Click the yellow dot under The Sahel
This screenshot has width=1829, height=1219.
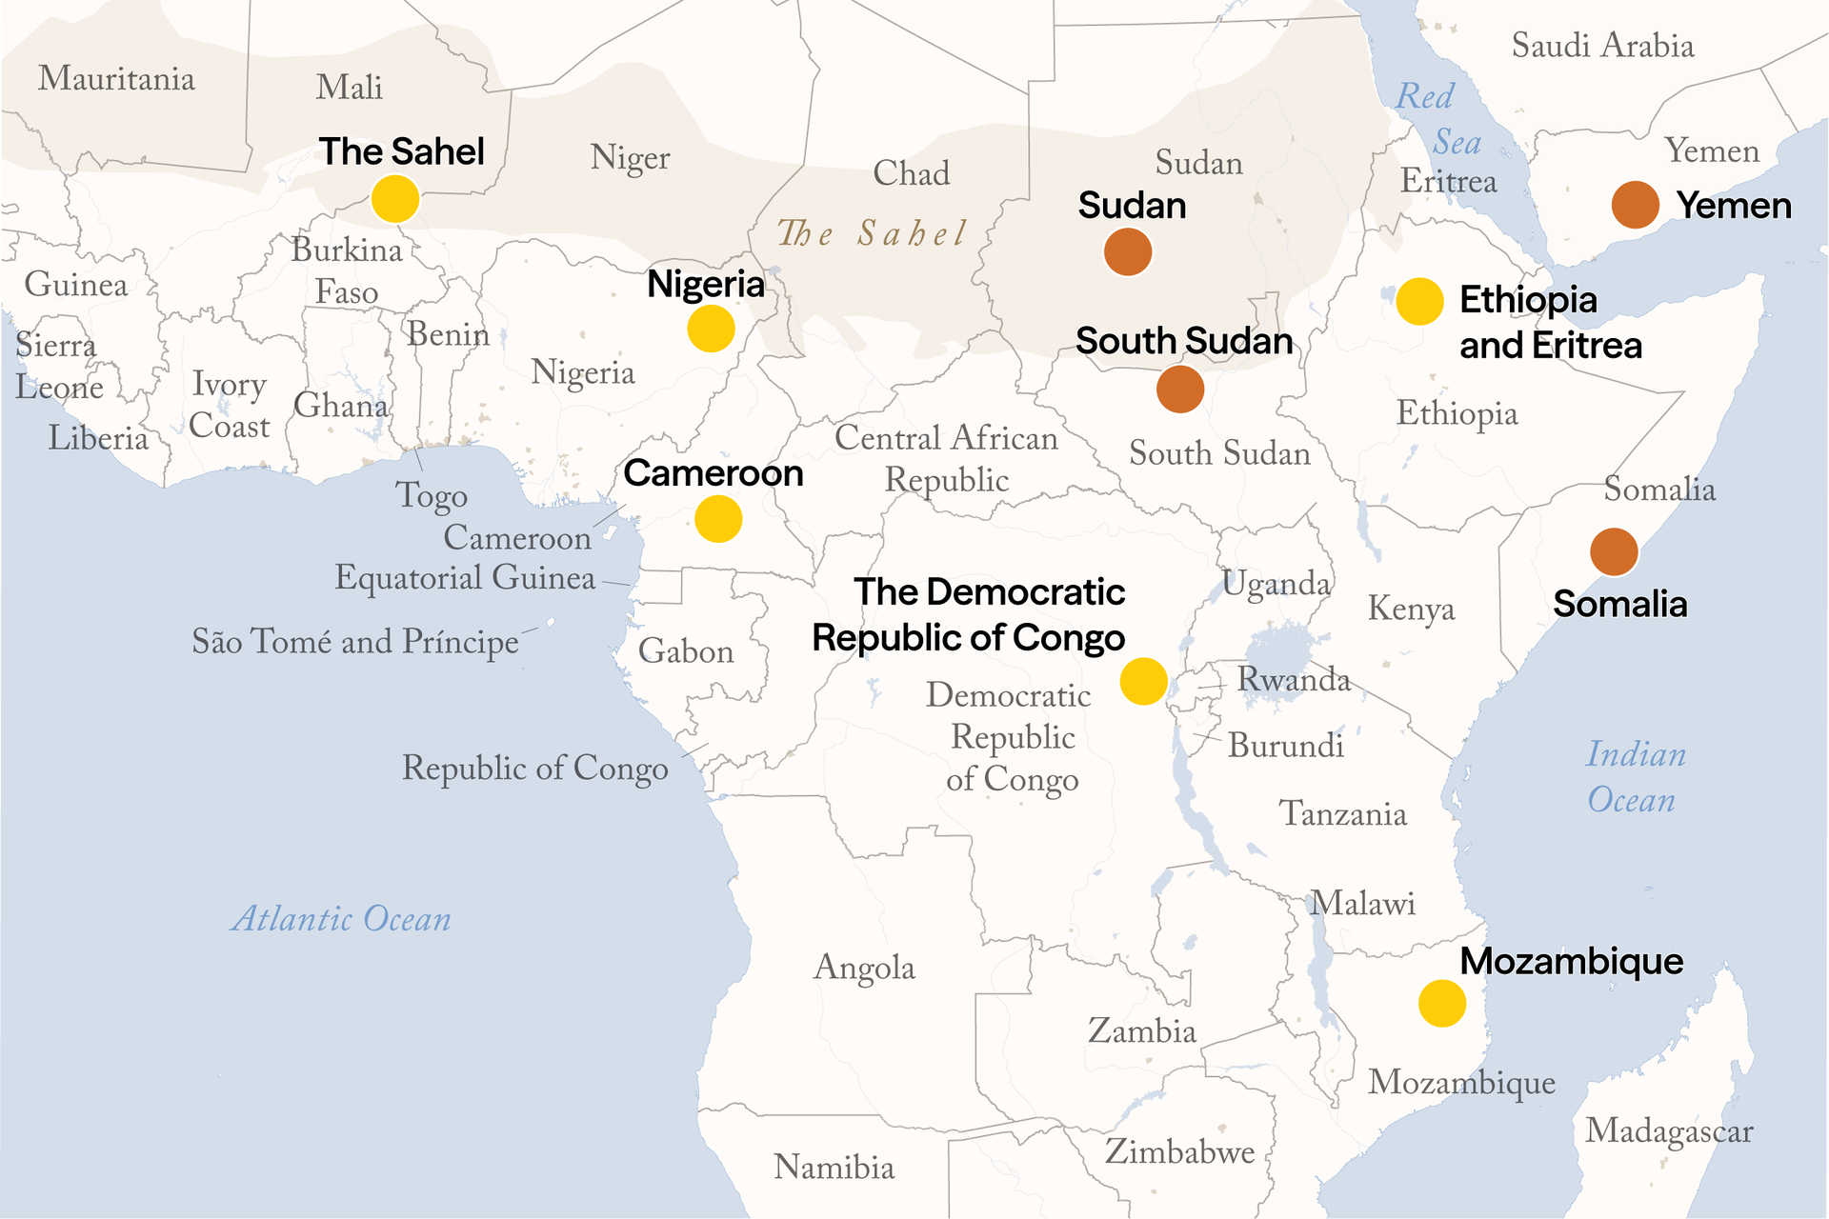tap(394, 199)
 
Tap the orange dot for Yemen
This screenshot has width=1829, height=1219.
tap(1635, 205)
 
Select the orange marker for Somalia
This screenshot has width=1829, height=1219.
tap(1613, 552)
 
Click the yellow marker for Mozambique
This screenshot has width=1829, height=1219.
tap(1441, 1003)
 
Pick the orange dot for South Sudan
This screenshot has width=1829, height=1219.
tap(1179, 390)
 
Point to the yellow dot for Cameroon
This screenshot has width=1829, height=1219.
tap(717, 519)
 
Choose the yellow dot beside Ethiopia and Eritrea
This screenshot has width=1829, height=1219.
tap(1418, 302)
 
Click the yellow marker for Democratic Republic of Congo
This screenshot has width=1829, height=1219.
tap(1143, 681)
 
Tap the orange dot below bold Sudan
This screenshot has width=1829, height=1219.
tap(1127, 252)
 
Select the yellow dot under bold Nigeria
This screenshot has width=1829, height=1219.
tap(711, 329)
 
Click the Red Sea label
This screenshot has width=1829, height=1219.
tap(1438, 119)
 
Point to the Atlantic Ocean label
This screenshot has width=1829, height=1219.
tap(341, 919)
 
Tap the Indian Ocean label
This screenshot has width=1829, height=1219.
tap(1635, 777)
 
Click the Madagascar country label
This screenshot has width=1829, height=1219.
tap(1668, 1131)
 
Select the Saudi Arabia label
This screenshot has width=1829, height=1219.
tap(1602, 46)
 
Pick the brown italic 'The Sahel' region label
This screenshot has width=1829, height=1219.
tap(872, 233)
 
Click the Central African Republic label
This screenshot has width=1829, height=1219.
tap(946, 459)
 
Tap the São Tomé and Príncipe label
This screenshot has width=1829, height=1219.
tap(355, 642)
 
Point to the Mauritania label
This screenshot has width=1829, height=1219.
tap(116, 78)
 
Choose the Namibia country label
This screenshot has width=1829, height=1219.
tap(834, 1167)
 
